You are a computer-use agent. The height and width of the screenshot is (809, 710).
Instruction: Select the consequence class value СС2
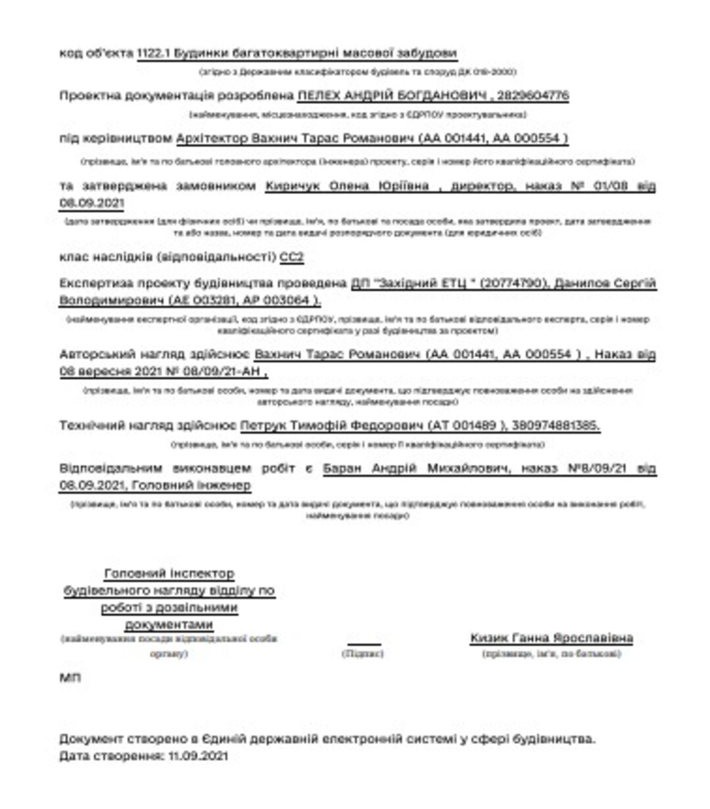click(x=291, y=257)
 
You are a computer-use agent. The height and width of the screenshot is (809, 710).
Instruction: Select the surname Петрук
click(x=262, y=426)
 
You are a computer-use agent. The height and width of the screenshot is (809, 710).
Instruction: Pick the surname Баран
click(x=344, y=469)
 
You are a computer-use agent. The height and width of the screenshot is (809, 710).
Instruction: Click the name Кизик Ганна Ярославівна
click(x=552, y=637)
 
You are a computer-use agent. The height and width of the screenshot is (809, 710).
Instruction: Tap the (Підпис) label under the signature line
click(x=363, y=654)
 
